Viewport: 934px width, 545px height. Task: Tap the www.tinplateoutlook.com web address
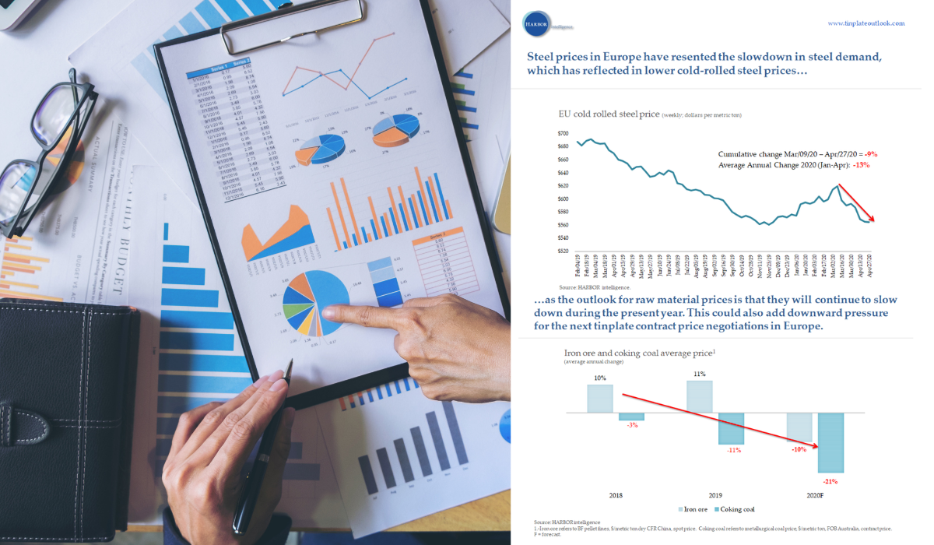(866, 23)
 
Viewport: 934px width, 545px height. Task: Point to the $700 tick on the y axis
(564, 134)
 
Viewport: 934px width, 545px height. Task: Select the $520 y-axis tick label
(564, 251)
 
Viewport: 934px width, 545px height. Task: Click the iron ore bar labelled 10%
(600, 398)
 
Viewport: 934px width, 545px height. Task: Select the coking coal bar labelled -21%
(831, 441)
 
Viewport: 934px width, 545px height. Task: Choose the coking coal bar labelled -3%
(632, 416)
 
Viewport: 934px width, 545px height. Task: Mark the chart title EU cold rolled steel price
(608, 114)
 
